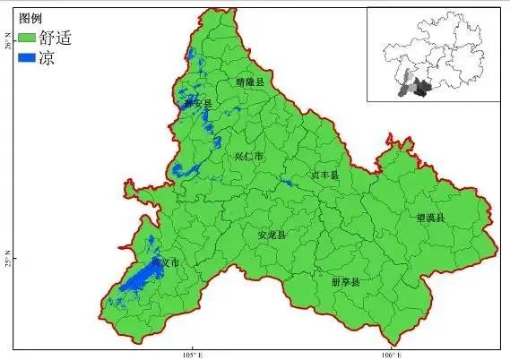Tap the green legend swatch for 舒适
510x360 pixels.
pyautogui.click(x=26, y=38)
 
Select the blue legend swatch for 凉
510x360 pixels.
pyautogui.click(x=26, y=57)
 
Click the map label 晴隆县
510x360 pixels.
pyautogui.click(x=250, y=81)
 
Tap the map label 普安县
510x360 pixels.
pyautogui.click(x=200, y=105)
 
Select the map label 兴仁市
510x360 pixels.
pyautogui.click(x=248, y=157)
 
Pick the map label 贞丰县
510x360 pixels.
pyautogui.click(x=325, y=176)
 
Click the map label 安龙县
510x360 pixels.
pyautogui.click(x=271, y=236)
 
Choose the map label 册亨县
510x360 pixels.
pyautogui.click(x=344, y=282)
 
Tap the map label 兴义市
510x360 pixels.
pyautogui.click(x=166, y=263)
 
